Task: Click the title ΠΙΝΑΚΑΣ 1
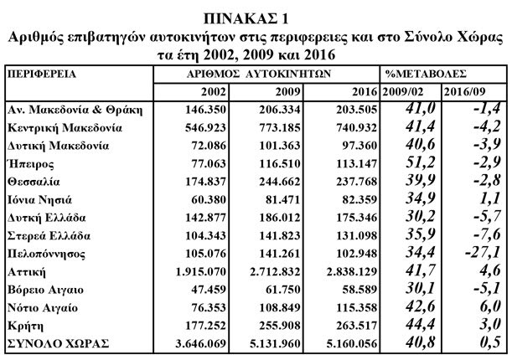pyautogui.click(x=246, y=19)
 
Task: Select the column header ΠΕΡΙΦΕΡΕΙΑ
pyautogui.click(x=42, y=74)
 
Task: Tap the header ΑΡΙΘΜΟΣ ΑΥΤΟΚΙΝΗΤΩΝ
pyautogui.click(x=259, y=74)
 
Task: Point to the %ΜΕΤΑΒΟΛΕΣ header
pyautogui.click(x=426, y=74)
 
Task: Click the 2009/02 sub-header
pyautogui.click(x=402, y=92)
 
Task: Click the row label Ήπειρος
pyautogui.click(x=31, y=164)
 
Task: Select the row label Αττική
pyautogui.click(x=27, y=272)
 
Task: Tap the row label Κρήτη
pyautogui.click(x=25, y=326)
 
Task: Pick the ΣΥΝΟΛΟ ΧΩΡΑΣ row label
pyautogui.click(x=58, y=344)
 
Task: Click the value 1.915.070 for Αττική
pyautogui.click(x=201, y=271)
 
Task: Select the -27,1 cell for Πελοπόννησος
pyautogui.click(x=483, y=252)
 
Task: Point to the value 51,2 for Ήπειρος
pyautogui.click(x=421, y=162)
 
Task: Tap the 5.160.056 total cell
pyautogui.click(x=352, y=344)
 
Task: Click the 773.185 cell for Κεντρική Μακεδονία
pyautogui.click(x=280, y=127)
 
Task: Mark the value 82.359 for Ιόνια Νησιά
pyautogui.click(x=359, y=199)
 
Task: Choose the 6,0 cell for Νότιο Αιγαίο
pyautogui.click(x=490, y=306)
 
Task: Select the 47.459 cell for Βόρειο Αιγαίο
pyautogui.click(x=209, y=290)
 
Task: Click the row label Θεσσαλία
pyautogui.click(x=34, y=182)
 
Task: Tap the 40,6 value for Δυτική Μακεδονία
pyautogui.click(x=421, y=144)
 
